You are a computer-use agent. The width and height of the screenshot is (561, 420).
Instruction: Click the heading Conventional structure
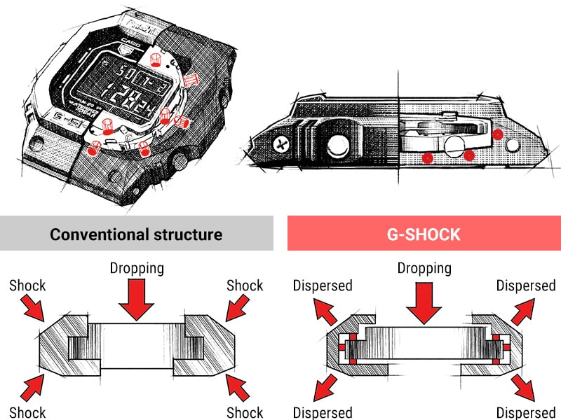point(136,233)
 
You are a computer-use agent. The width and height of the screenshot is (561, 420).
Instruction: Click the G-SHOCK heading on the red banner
point(424,233)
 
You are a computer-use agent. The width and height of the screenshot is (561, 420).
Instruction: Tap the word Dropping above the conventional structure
point(136,268)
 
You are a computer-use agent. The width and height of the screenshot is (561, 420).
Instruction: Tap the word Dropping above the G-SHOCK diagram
point(424,268)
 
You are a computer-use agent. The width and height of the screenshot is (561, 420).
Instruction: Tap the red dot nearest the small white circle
point(497,133)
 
